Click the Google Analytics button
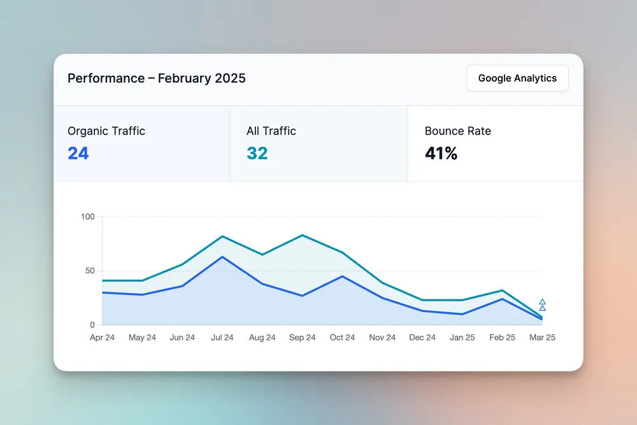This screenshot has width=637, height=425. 517,78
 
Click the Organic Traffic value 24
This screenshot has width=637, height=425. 78,154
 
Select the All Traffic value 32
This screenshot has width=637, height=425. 257,154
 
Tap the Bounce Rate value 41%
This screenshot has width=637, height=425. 441,154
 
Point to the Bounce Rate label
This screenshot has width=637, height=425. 457,131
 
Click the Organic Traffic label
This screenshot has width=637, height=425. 106,131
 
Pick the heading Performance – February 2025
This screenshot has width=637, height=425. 157,78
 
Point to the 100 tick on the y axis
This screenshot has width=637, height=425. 88,217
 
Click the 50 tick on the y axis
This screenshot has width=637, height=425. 90,271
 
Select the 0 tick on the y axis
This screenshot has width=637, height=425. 92,325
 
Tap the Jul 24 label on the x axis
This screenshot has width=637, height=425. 222,338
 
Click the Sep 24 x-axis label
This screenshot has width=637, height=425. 302,338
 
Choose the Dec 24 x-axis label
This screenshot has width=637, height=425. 422,338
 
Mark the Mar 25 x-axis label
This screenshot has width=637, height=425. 542,338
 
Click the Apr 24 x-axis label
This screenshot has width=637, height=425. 103,338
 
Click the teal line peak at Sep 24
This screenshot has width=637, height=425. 302,235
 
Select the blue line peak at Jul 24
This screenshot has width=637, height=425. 222,257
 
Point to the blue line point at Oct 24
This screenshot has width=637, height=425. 342,276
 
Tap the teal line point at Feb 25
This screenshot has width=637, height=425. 503,291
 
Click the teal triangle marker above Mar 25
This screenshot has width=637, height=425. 542,301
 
